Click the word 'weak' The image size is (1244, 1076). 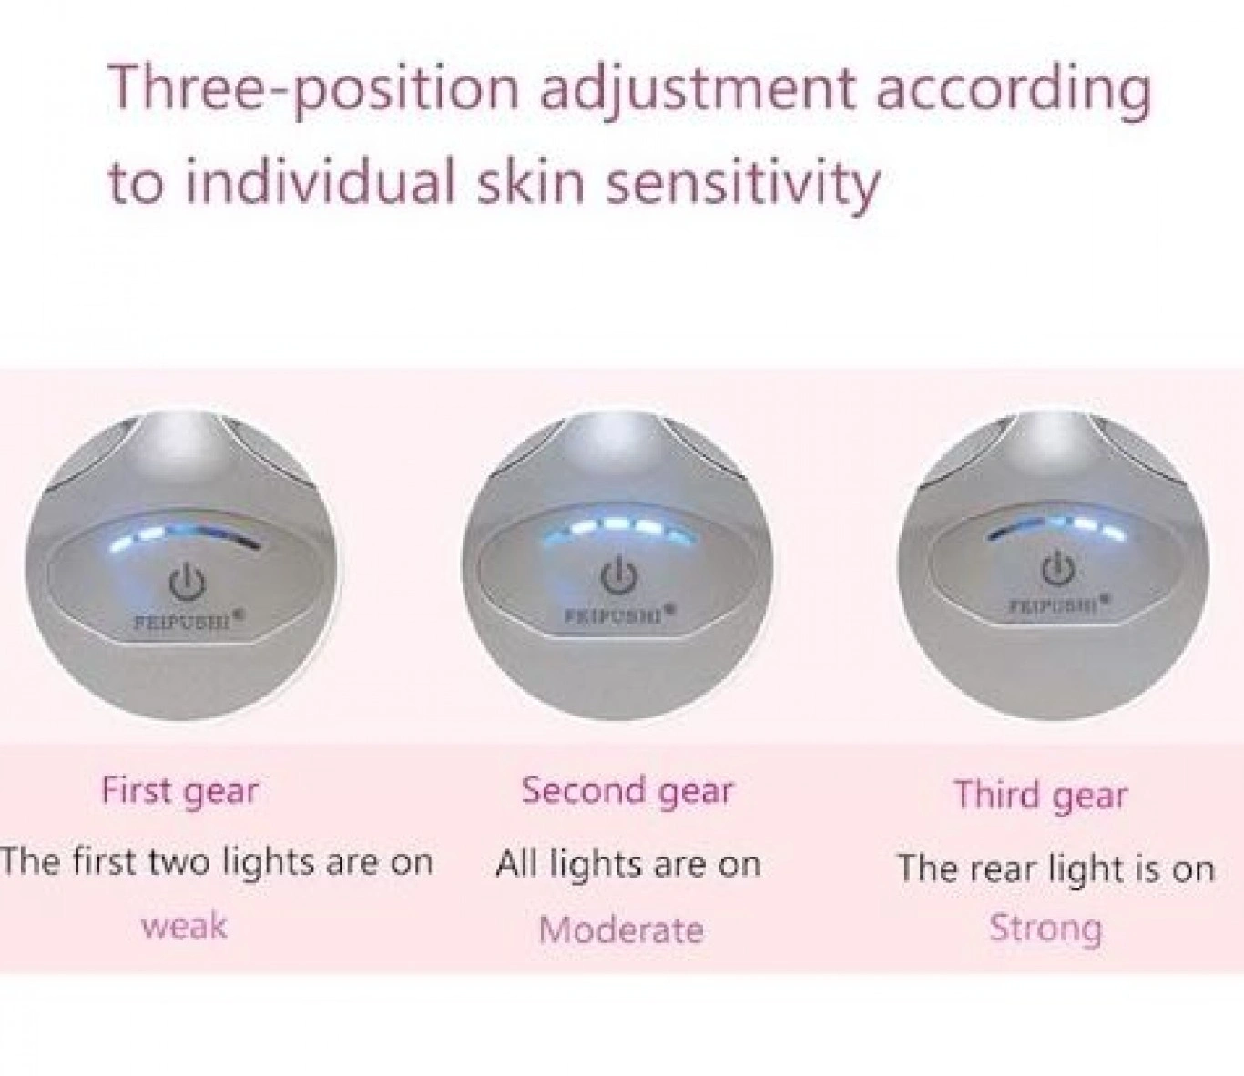184,926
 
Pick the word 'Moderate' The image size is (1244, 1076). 621,929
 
